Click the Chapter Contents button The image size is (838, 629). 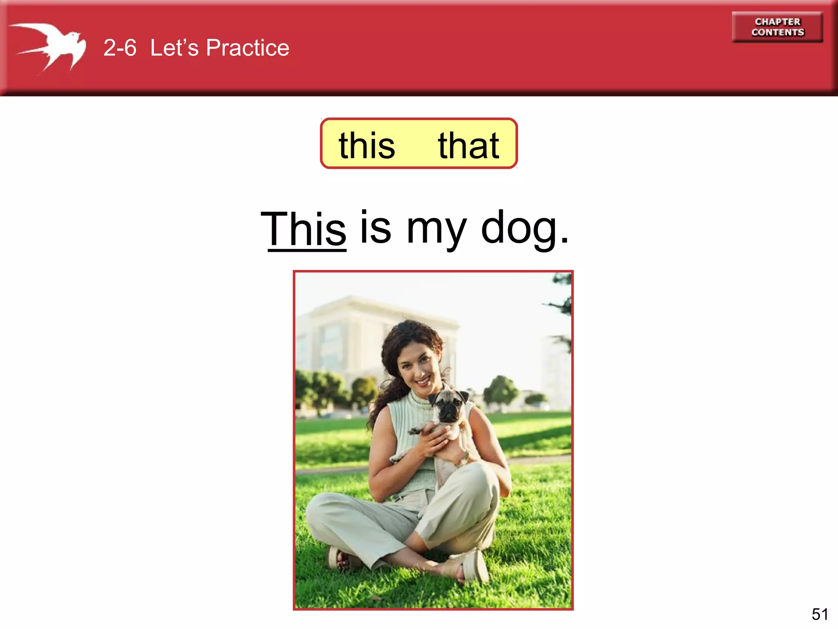pos(777,27)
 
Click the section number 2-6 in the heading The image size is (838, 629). pos(119,48)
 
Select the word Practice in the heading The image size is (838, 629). pos(248,48)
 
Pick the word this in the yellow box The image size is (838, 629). pos(367,145)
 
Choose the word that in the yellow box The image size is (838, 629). pos(469,145)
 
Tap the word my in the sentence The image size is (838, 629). pos(436,229)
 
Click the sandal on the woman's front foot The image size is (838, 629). pos(475,567)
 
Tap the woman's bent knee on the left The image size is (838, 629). pos(323,512)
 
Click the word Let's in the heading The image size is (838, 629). pos(174,48)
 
